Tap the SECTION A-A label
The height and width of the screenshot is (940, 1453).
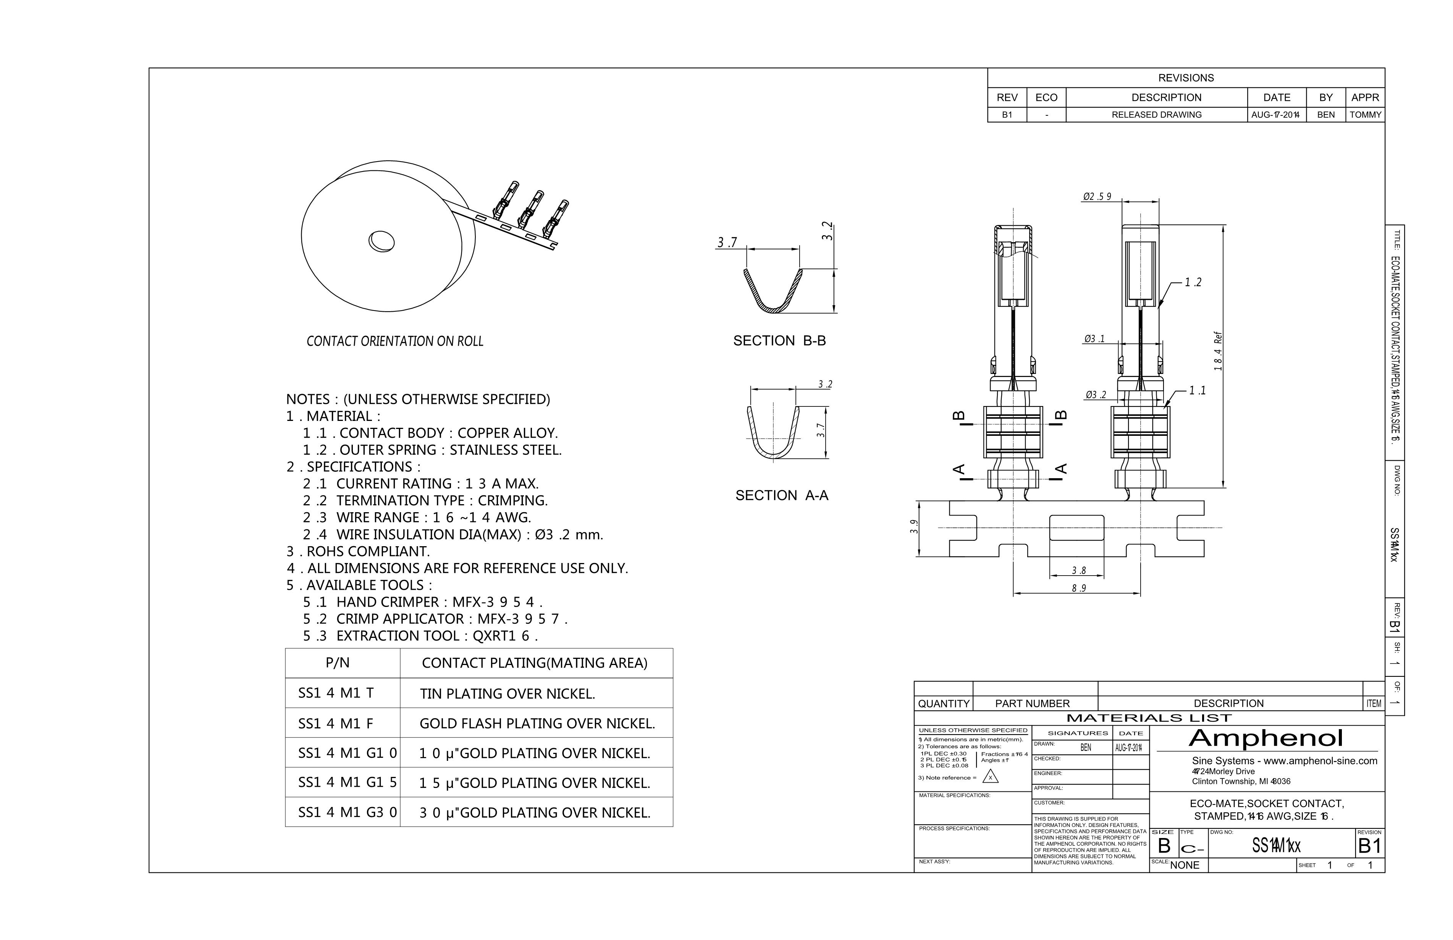781,495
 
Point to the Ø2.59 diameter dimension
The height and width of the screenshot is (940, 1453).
1097,197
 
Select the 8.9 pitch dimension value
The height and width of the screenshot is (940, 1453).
1078,588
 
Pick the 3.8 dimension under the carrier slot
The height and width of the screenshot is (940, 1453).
1078,570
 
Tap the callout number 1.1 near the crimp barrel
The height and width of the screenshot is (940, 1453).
1197,390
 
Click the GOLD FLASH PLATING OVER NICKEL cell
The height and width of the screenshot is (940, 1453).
537,723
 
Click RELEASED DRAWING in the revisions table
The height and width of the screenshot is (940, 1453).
1156,115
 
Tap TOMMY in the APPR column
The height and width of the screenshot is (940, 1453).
1365,115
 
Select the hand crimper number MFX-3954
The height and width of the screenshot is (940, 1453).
497,602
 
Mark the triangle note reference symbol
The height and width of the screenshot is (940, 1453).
991,777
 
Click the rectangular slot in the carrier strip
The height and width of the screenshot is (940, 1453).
1076,528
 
